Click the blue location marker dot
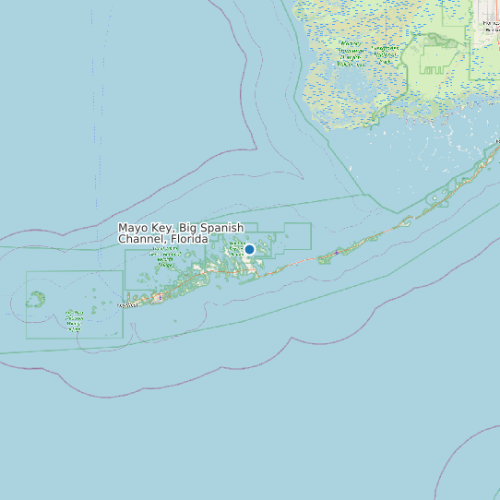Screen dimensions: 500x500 coord(249,249)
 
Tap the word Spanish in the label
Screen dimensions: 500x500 coord(222,228)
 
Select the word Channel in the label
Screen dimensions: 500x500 coord(143,239)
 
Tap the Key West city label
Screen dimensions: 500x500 coord(128,304)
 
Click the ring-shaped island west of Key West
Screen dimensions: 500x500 coord(37,299)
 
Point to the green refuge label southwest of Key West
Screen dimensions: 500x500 coord(74,320)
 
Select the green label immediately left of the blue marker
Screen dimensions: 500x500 coord(234,247)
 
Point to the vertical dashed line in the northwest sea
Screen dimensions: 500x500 coord(95,138)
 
